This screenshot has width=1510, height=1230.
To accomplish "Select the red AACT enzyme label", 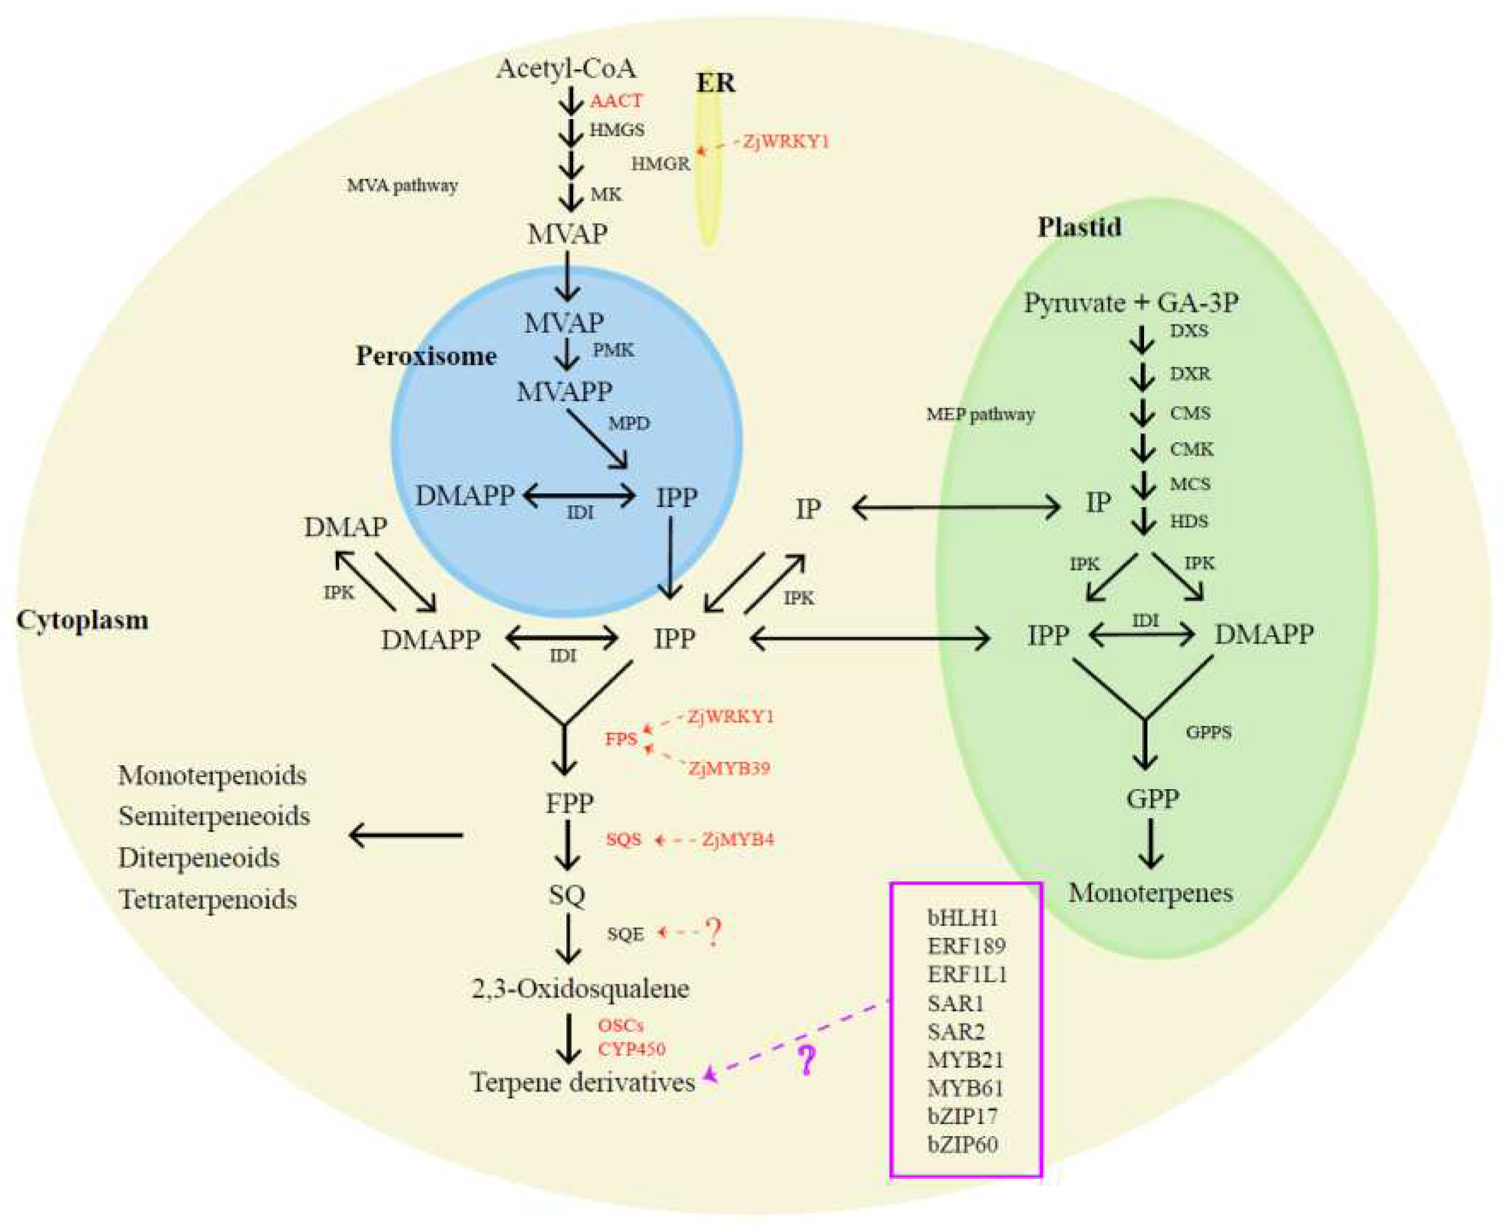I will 616,101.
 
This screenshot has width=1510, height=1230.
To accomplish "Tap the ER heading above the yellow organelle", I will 715,83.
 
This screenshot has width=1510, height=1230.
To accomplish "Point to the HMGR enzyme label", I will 660,164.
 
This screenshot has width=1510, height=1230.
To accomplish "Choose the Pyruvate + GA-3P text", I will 1131,303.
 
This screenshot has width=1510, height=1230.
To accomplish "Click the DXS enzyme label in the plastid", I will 1189,331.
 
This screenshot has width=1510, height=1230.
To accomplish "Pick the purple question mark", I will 806,1060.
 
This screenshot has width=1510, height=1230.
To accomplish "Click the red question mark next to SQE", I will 713,932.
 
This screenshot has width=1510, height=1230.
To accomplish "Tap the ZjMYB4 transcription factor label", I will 738,840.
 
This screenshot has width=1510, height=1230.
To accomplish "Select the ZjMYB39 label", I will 729,768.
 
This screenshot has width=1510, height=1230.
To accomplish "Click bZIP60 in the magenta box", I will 962,1144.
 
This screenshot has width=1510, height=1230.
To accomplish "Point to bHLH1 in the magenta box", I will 962,918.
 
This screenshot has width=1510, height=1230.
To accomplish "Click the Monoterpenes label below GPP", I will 1150,893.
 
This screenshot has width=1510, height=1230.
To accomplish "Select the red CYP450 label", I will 631,1049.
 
